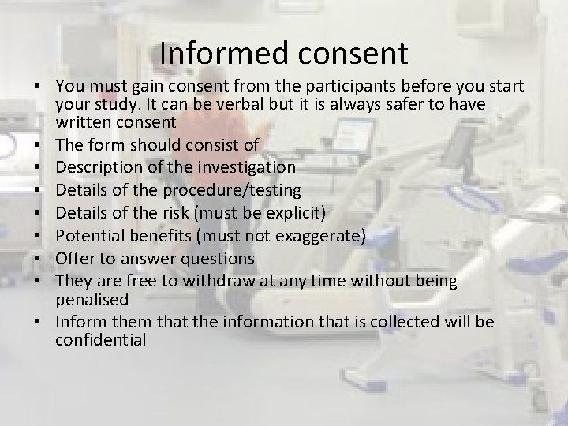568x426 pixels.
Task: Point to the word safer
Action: [382, 104]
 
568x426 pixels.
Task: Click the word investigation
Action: [243, 167]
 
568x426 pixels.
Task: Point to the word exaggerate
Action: [314, 234]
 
